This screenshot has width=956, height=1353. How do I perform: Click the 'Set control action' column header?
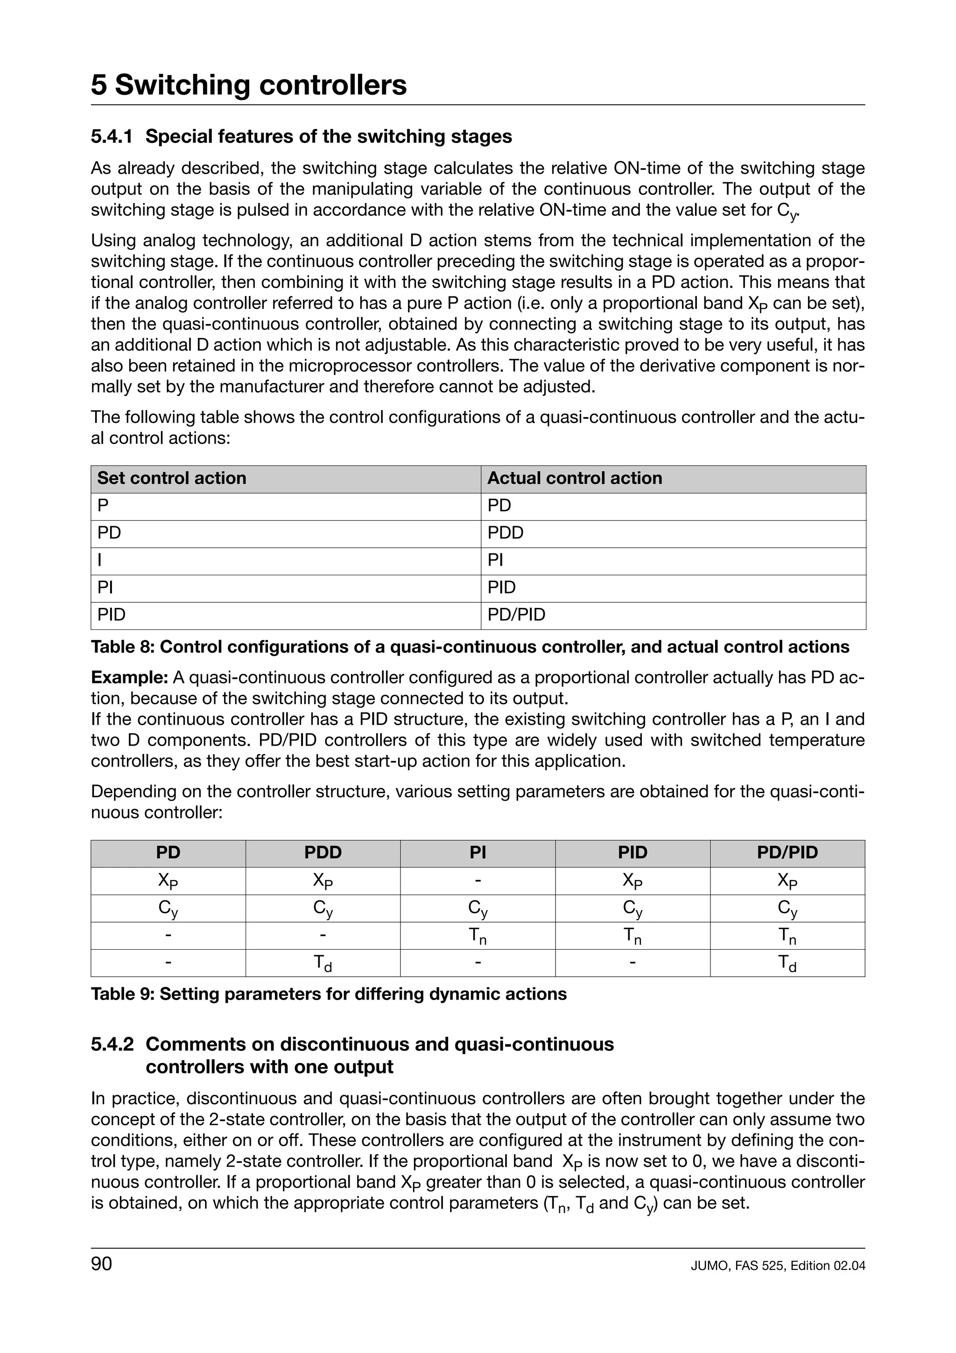tap(171, 478)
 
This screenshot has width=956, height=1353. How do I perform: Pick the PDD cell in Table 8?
tap(506, 533)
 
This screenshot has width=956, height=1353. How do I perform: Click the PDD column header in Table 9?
tap(323, 853)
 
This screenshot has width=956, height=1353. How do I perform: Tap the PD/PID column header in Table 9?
tap(787, 853)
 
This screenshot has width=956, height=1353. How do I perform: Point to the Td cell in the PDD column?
tap(323, 964)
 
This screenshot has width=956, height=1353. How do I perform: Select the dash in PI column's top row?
tap(478, 881)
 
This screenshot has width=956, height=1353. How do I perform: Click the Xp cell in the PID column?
tap(632, 881)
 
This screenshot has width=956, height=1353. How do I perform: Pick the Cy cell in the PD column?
tap(168, 908)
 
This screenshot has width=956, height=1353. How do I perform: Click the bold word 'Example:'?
tap(130, 678)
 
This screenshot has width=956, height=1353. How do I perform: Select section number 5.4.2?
tap(112, 1044)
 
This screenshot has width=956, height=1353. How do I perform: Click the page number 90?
tap(101, 1264)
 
